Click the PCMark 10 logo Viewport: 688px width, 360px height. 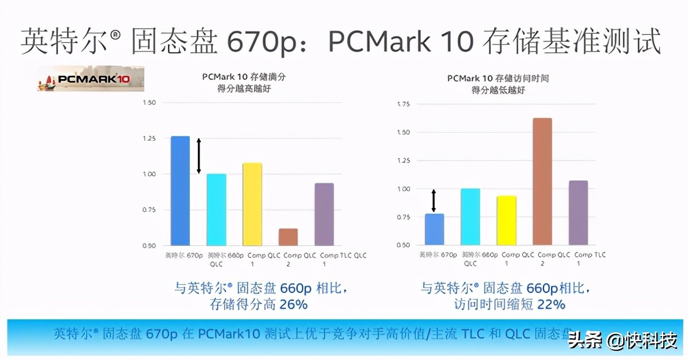[x=91, y=79]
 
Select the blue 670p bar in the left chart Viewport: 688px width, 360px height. [x=180, y=191]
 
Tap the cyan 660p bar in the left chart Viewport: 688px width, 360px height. [x=216, y=210]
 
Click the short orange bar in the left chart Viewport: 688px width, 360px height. [x=288, y=237]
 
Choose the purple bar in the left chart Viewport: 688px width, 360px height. [x=324, y=214]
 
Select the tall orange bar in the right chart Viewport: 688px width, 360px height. [x=542, y=182]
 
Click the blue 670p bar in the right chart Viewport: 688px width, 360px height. [x=434, y=230]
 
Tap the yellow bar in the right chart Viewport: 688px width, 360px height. [x=506, y=221]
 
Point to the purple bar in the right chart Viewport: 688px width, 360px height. [x=578, y=213]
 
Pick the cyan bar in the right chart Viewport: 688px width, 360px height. [x=470, y=217]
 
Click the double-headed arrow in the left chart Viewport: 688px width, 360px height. [x=199, y=155]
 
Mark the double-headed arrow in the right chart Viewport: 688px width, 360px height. [x=433, y=201]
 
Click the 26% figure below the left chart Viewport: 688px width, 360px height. [x=293, y=304]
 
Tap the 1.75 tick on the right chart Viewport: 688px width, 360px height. [x=402, y=104]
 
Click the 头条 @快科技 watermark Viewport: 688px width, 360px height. [x=622, y=341]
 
